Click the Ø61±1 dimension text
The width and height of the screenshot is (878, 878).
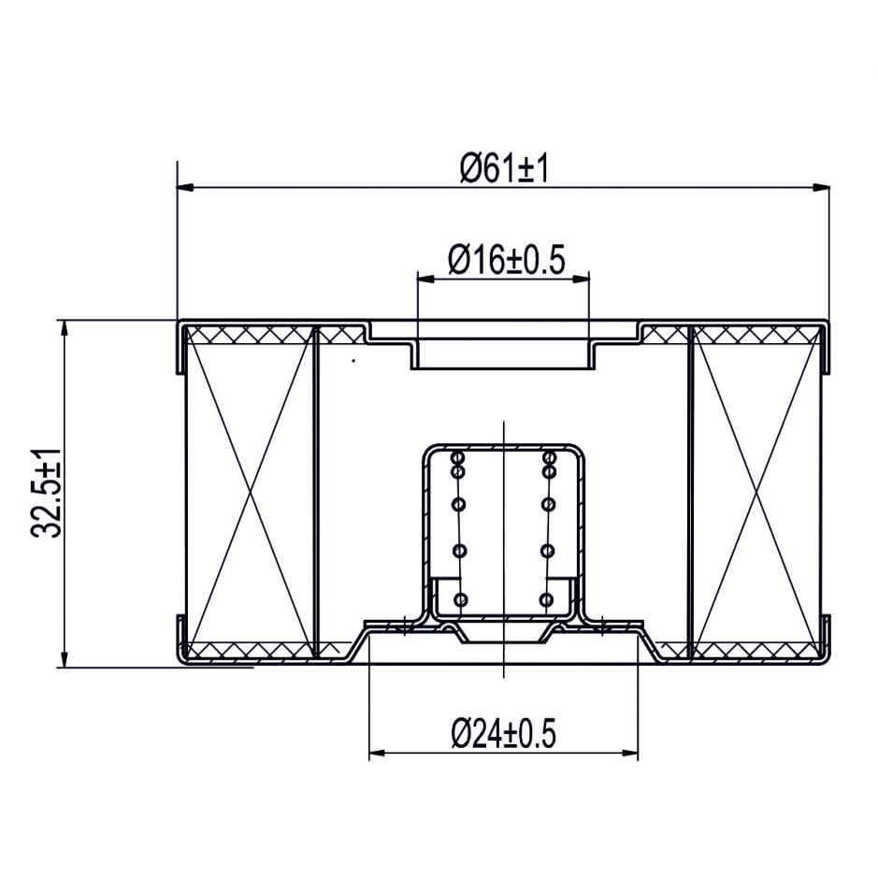click(x=503, y=168)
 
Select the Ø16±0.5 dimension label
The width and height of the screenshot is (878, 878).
click(x=506, y=259)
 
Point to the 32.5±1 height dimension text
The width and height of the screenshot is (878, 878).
click(x=47, y=493)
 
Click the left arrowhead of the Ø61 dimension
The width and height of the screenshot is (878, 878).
click(x=186, y=188)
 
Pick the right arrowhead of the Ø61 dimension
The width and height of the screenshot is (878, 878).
click(x=821, y=188)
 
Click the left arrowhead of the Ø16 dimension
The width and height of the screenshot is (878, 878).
click(x=426, y=278)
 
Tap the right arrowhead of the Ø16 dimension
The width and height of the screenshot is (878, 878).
click(x=581, y=278)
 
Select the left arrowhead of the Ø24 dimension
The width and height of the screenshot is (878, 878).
click(x=378, y=753)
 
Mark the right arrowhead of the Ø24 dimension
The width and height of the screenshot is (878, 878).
click(x=629, y=753)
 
